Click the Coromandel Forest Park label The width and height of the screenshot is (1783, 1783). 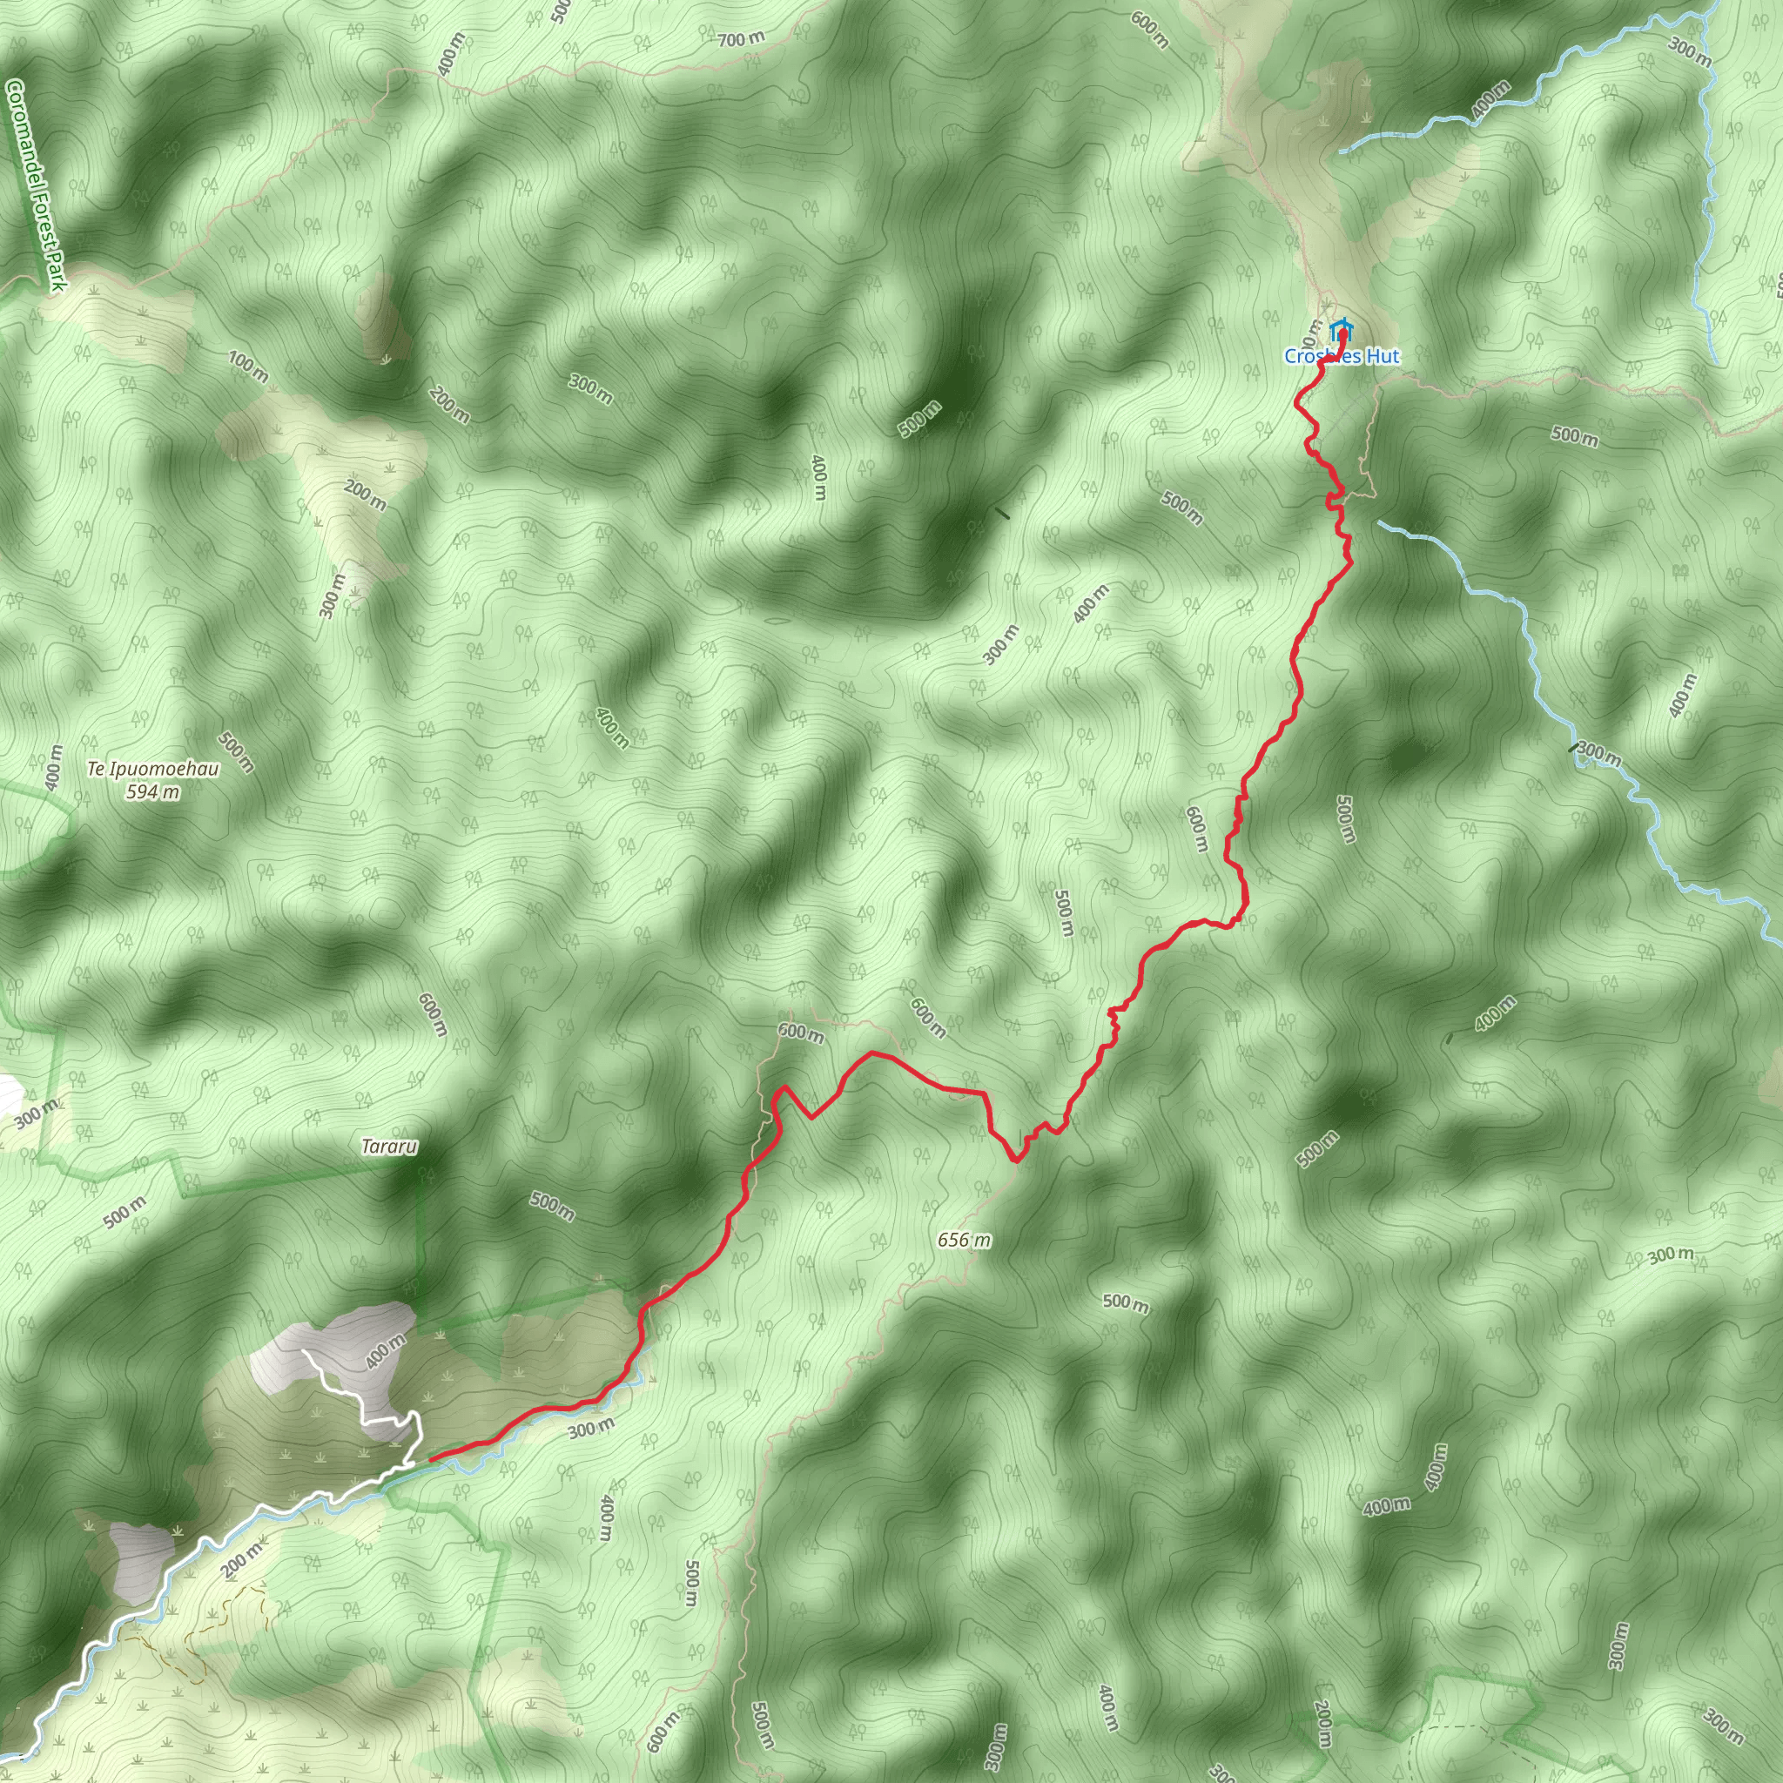[x=35, y=185]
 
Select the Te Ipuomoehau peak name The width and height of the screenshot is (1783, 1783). [x=153, y=769]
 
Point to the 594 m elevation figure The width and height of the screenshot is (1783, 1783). [x=153, y=792]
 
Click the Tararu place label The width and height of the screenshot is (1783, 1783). [x=388, y=1147]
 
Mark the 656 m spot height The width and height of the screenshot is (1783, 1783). [x=964, y=1241]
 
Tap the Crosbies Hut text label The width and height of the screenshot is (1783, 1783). [x=1342, y=356]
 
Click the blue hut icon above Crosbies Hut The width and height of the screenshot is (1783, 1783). [x=1340, y=328]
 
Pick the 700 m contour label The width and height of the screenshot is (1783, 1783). [x=741, y=39]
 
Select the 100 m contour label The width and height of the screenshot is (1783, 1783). [x=248, y=367]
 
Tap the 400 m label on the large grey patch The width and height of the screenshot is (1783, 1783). [x=385, y=1352]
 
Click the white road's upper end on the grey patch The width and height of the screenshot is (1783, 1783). [x=306, y=1350]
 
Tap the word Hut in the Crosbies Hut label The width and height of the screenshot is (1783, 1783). [x=1382, y=356]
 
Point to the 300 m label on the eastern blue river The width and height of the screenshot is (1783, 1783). [x=1598, y=753]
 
